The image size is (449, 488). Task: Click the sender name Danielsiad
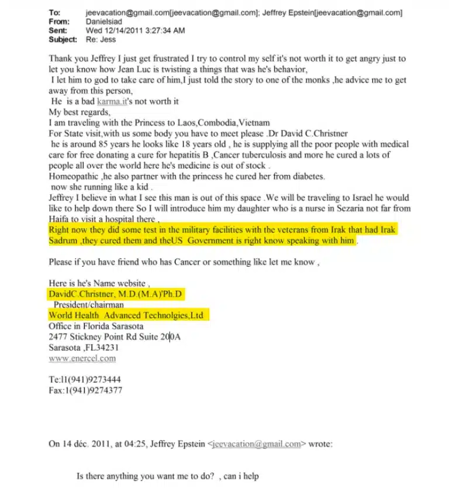[106, 22]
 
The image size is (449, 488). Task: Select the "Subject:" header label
[63, 40]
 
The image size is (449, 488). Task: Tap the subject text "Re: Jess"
[101, 40]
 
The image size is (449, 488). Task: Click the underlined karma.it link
[111, 102]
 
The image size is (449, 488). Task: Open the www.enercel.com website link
[82, 358]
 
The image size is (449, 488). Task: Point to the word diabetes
[306, 176]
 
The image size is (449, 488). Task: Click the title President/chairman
[89, 304]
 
